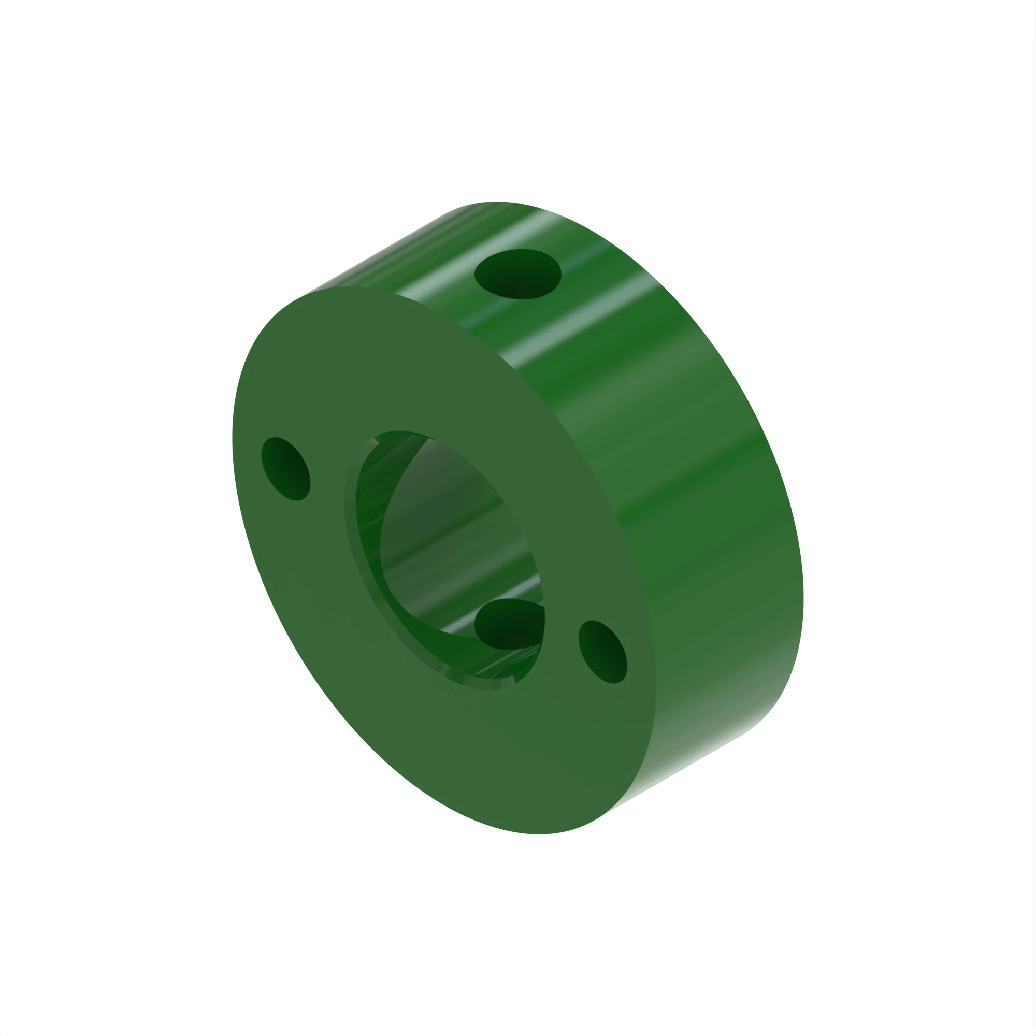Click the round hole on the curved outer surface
[x=518, y=274]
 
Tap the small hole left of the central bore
[x=285, y=469]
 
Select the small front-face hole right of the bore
[x=603, y=652]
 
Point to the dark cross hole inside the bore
[x=507, y=625]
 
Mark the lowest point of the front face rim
[x=539, y=833]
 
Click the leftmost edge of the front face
[x=233, y=440]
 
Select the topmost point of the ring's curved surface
[x=496, y=202]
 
